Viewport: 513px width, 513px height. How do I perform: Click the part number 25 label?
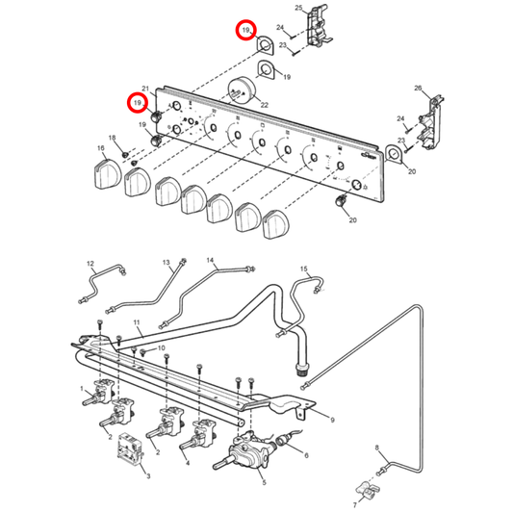tap(298, 8)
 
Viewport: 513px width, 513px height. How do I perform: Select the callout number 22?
tap(264, 105)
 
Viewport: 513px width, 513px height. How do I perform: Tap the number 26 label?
tap(418, 88)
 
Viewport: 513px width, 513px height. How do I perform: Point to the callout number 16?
tap(101, 148)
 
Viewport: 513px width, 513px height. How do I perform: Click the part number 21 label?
tap(145, 89)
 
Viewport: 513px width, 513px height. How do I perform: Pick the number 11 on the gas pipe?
tap(137, 322)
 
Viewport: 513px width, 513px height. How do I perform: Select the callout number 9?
tap(332, 420)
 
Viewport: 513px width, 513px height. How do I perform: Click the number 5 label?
tap(264, 482)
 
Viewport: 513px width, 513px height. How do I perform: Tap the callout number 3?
tap(148, 476)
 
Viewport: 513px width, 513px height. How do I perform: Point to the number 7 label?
tap(355, 505)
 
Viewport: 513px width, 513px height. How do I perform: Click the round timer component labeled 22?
tap(243, 90)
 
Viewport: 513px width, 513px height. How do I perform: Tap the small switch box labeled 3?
tap(130, 449)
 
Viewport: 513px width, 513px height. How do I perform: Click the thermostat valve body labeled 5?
tap(247, 449)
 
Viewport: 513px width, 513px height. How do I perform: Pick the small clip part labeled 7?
tap(367, 490)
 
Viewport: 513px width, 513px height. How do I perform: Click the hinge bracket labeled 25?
tap(319, 26)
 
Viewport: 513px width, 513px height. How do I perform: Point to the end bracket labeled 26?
tap(431, 122)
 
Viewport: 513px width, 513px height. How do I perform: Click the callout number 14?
tap(210, 261)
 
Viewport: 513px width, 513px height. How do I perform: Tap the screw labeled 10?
tap(143, 352)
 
